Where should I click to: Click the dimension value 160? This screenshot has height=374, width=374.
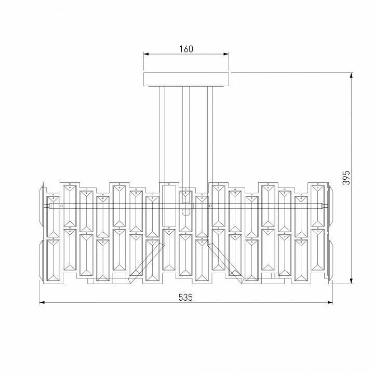pos(186,49)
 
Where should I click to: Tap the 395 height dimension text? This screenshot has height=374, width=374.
pos(346,178)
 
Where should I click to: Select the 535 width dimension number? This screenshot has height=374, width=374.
pos(185,298)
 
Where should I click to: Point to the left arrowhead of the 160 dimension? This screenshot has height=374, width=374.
pos(146,54)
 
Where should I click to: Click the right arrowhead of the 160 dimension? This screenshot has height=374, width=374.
pos(226,54)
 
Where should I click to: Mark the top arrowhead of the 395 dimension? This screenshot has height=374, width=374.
pos(351,75)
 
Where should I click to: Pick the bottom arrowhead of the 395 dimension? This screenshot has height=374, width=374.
pos(351,281)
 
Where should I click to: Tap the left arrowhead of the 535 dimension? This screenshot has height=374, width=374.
pos(42,302)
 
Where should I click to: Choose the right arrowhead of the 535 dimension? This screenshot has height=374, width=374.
pos(330,302)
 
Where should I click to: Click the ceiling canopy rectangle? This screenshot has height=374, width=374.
pos(186,79)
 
